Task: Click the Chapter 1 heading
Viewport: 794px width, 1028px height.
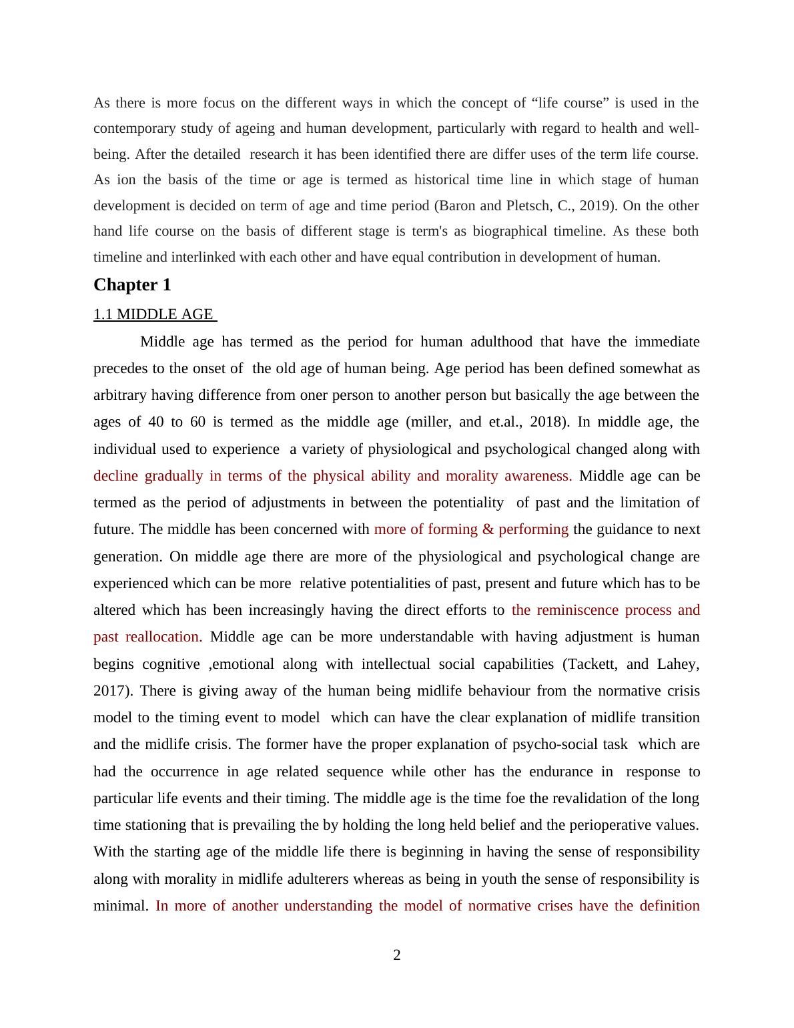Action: [x=132, y=285]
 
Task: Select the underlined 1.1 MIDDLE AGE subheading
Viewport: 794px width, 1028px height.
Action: [x=153, y=314]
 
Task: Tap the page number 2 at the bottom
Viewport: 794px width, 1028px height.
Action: [x=397, y=955]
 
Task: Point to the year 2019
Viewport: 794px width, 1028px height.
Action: [x=593, y=206]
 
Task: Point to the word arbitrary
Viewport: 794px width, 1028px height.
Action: [x=120, y=395]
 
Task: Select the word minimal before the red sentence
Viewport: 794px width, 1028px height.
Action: [x=121, y=906]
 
